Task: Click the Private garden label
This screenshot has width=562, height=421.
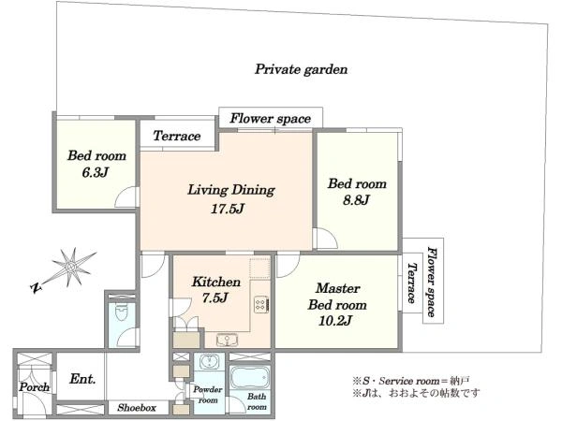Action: [x=301, y=69]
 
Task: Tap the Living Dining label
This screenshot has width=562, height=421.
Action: [x=231, y=190]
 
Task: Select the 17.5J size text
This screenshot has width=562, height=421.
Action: [x=228, y=209]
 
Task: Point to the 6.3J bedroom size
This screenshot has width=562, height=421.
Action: [x=95, y=172]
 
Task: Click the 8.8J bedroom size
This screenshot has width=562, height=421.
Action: [x=356, y=200]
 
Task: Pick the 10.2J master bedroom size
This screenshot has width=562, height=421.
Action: [x=334, y=320]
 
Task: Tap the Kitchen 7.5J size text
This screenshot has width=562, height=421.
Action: [x=215, y=298]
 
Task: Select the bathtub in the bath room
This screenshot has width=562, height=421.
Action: [x=249, y=377]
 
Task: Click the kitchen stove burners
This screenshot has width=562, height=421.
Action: [x=261, y=305]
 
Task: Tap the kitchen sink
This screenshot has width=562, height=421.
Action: [x=228, y=340]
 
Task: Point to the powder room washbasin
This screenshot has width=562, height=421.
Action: [x=208, y=361]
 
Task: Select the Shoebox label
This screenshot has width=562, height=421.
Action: [x=137, y=407]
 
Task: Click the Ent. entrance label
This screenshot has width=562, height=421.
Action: [x=82, y=379]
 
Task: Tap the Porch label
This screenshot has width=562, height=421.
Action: [x=35, y=387]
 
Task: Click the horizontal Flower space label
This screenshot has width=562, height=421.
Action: [x=271, y=119]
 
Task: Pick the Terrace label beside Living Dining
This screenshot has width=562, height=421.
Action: [x=177, y=136]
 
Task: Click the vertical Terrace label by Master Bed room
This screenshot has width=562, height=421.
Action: [x=412, y=283]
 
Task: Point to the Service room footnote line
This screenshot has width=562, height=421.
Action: [x=411, y=381]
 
